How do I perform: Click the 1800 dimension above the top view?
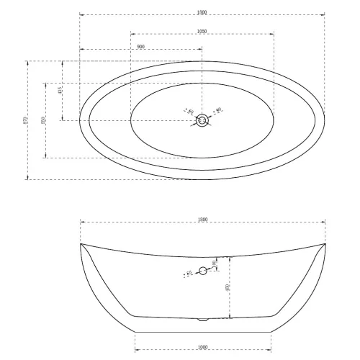[x=202, y=11]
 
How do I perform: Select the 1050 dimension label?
[x=202, y=32]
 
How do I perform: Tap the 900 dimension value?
[x=141, y=46]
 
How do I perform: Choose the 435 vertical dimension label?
[x=60, y=91]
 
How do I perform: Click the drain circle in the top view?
[x=202, y=121]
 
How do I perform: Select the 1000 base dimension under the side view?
[x=202, y=348]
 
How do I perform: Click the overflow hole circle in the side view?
[x=202, y=271]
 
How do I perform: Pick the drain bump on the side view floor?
[x=202, y=318]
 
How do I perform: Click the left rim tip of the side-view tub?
[x=80, y=244]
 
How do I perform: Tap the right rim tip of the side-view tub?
[x=325, y=244]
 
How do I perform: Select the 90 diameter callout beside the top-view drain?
[x=218, y=110]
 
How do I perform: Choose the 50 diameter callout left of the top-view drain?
[x=189, y=112]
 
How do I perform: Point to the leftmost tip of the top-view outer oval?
[x=79, y=121]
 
